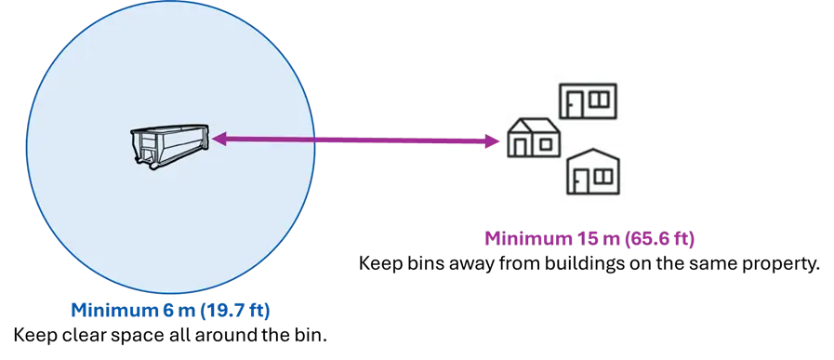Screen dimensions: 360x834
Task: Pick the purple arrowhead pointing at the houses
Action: [x=496, y=142]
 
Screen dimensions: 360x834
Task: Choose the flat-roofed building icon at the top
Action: [x=594, y=100]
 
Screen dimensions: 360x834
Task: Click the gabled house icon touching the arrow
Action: [x=534, y=139]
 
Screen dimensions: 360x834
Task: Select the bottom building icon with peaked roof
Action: [x=595, y=174]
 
